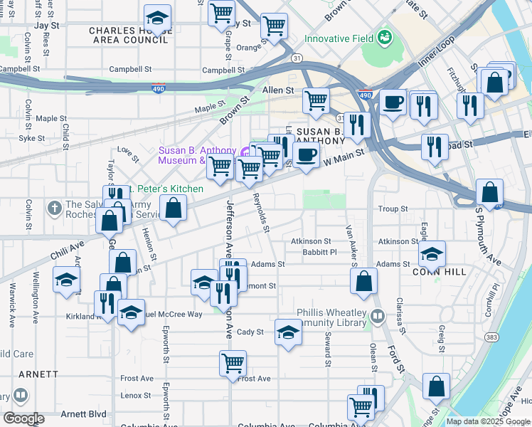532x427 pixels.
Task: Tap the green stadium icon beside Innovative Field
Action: pos(385,36)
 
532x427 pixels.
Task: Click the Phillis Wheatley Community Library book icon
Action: pos(377,315)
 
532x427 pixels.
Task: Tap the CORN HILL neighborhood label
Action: pos(432,272)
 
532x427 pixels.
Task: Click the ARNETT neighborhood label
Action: pos(38,374)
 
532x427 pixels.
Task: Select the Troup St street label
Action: pos(393,209)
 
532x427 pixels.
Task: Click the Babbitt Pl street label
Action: pos(319,251)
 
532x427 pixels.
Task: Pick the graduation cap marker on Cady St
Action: pos(287,332)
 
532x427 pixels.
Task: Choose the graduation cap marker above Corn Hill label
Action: pos(432,253)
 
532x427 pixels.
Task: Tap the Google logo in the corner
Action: pos(23,418)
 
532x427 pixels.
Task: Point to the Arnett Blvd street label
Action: pos(83,413)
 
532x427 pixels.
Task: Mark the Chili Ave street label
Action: pos(67,251)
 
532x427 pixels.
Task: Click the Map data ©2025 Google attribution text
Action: pos(487,421)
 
